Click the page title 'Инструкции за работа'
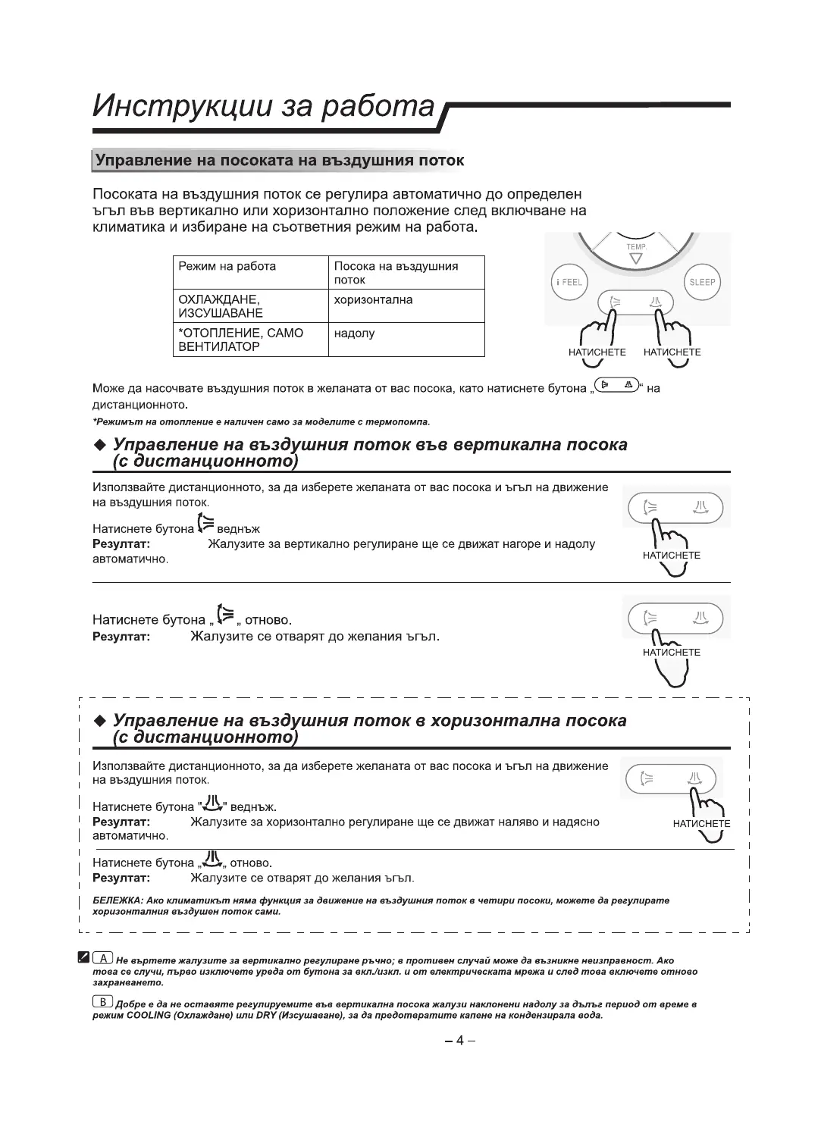click(x=263, y=107)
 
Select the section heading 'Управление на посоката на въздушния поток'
click(x=278, y=161)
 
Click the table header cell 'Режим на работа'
click(x=227, y=267)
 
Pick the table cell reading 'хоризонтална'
click(x=373, y=300)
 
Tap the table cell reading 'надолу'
click(x=354, y=334)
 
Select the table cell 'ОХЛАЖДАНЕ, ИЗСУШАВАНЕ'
click(x=221, y=306)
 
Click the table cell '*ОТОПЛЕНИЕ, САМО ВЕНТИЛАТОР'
click(x=240, y=340)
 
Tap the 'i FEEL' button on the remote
click(x=569, y=282)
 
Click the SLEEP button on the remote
click(x=702, y=282)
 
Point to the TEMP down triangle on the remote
click(x=635, y=258)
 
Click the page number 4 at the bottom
click(x=459, y=1041)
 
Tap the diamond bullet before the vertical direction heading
click(x=99, y=445)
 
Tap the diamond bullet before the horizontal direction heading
click(x=99, y=720)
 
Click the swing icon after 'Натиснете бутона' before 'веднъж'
click(x=205, y=524)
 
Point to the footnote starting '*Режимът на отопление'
click(x=261, y=421)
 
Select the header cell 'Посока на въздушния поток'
click(x=396, y=273)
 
